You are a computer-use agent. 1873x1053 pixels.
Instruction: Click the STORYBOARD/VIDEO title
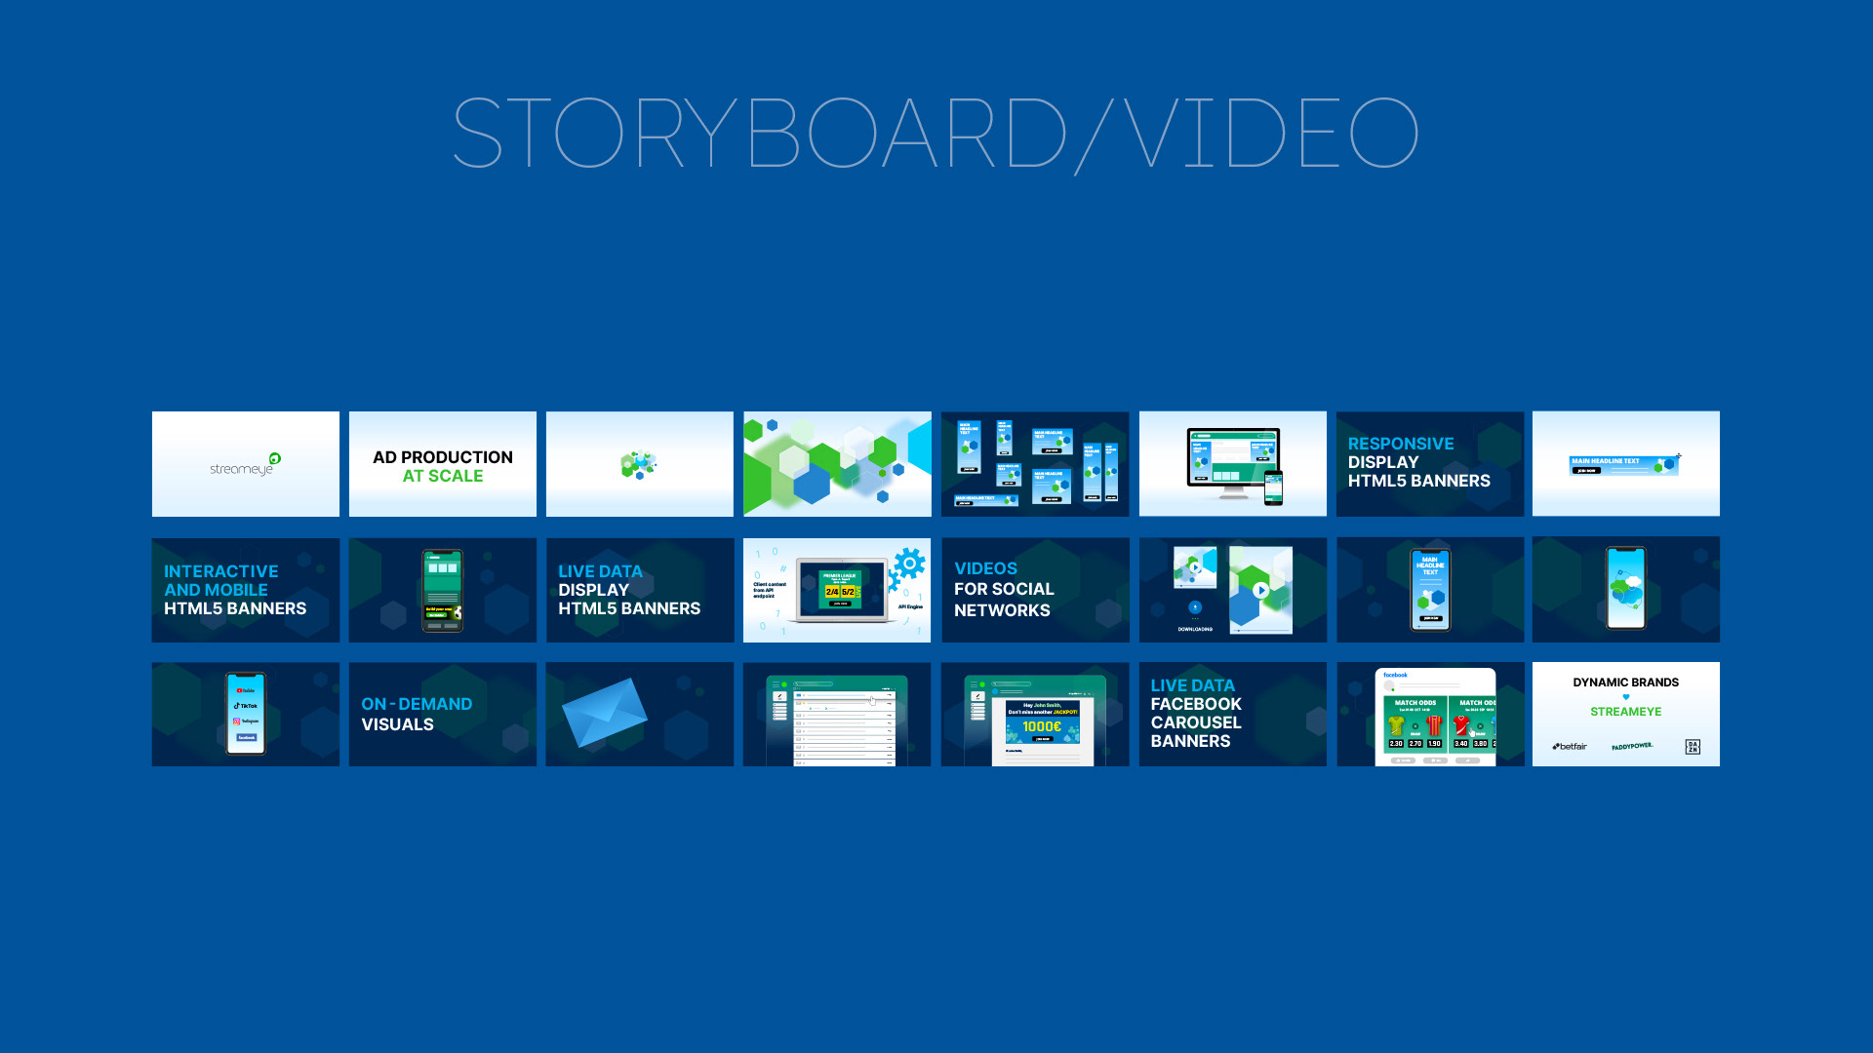click(935, 133)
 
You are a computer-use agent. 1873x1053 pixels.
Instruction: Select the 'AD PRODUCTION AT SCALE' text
click(443, 466)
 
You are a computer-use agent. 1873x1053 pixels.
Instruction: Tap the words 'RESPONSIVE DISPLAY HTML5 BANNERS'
click(1418, 462)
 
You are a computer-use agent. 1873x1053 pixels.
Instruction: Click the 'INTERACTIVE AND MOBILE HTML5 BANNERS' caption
click(235, 590)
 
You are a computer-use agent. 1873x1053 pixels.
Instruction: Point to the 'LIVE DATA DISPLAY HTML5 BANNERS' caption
click(629, 590)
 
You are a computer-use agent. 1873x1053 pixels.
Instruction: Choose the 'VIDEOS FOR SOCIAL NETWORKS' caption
click(1004, 589)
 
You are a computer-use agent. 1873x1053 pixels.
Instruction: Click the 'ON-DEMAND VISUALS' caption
click(417, 714)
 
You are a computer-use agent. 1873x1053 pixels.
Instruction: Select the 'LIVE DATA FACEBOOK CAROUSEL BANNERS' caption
click(1196, 713)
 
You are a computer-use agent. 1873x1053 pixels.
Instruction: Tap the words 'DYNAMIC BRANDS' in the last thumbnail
click(1625, 682)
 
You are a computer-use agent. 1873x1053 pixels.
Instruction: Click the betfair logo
click(1570, 747)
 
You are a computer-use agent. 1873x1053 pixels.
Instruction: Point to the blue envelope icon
click(604, 713)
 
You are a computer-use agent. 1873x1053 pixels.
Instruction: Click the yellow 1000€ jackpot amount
click(1041, 726)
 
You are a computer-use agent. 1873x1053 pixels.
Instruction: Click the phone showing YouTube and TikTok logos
click(246, 714)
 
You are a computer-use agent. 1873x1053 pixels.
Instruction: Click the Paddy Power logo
click(1632, 747)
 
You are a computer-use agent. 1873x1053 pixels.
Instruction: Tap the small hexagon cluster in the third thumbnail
click(639, 465)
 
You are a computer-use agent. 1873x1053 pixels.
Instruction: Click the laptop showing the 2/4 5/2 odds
click(840, 590)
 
